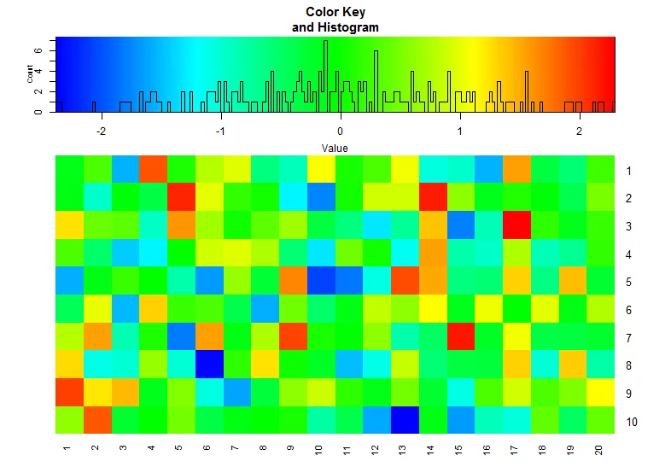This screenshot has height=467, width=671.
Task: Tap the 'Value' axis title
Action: tap(335, 148)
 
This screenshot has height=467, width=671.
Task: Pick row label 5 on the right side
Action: tap(628, 282)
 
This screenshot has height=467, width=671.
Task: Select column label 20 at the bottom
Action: tap(599, 449)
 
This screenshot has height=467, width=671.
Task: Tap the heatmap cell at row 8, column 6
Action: tap(208, 365)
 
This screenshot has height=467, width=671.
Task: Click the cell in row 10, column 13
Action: tap(405, 421)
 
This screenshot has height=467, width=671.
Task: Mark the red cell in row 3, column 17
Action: tap(516, 226)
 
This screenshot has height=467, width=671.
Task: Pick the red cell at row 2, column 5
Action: tap(180, 198)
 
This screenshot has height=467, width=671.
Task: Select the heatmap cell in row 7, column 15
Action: tap(460, 337)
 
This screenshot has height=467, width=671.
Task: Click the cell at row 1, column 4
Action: tap(153, 170)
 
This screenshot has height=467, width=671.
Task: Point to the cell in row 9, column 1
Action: tap(68, 393)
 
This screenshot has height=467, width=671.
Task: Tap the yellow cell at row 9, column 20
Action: tap(600, 393)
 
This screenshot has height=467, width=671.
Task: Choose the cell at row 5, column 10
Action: tap(320, 282)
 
